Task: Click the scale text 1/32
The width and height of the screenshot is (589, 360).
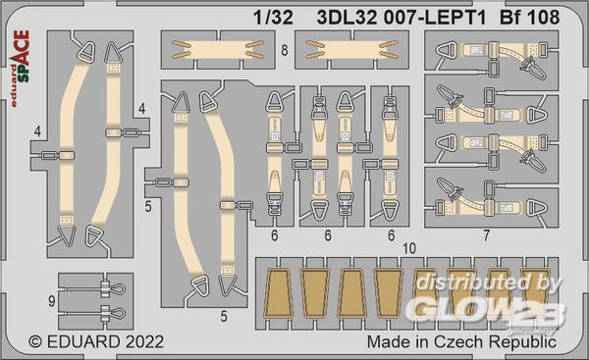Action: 273,18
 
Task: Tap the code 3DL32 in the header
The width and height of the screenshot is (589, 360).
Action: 347,18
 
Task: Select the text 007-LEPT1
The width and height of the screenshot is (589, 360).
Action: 435,18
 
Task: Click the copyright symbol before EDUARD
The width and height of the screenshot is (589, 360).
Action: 35,342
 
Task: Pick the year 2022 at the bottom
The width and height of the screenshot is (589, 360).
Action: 145,342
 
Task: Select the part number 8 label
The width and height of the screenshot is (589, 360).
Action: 285,50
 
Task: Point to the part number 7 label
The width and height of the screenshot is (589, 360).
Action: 487,235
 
